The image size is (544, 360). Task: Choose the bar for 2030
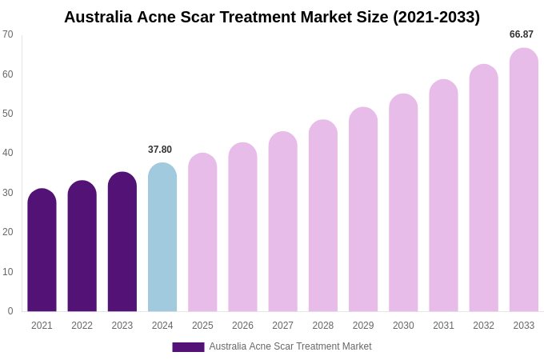coord(403,203)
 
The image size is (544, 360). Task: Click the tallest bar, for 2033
coord(524,180)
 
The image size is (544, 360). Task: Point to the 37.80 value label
coord(160,150)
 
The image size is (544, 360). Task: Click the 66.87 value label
coord(522,34)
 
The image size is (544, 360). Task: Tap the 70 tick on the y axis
coord(8,34)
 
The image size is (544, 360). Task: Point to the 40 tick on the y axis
coord(8,153)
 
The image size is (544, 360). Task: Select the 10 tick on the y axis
coord(8,272)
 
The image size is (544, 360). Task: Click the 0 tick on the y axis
coord(10,311)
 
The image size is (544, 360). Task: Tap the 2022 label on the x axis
coord(82,326)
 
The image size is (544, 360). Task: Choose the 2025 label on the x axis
coord(202,326)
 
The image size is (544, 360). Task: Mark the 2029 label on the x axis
coord(363,326)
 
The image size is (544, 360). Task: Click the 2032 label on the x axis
coord(483,326)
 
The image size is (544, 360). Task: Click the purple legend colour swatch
coord(188,347)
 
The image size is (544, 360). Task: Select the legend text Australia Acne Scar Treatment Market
coord(290,346)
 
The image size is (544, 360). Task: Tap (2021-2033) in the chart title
coord(436,17)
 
